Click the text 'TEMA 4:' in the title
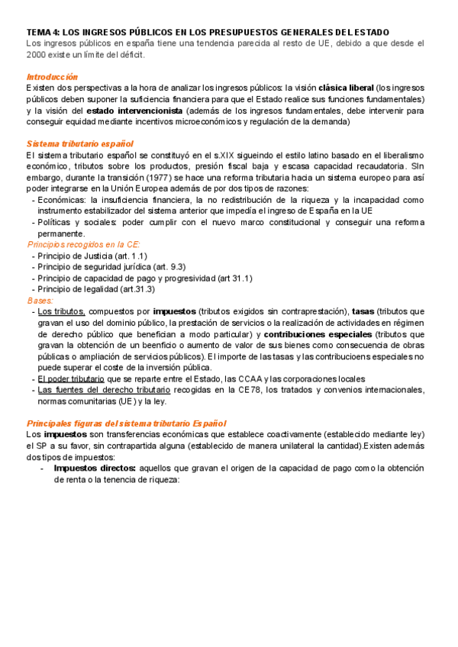pos(42,32)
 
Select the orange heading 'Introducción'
pos(52,77)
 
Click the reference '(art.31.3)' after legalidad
pos(137,289)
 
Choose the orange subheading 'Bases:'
pos(40,301)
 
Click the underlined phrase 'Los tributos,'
pos(61,311)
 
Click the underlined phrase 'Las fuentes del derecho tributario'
pos(104,390)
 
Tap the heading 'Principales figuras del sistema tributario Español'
pos(126,423)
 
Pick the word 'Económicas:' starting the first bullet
pos(62,200)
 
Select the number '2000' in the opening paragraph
pos(37,55)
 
